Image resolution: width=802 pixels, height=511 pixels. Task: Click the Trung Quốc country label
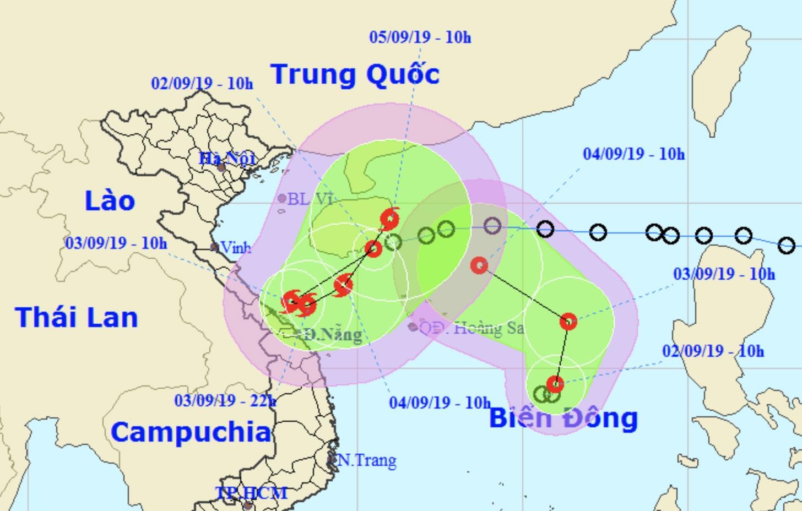click(355, 74)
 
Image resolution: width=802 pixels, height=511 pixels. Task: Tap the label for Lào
click(110, 201)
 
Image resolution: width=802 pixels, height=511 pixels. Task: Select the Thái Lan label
click(77, 318)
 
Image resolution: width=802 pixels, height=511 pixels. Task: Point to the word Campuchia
click(191, 432)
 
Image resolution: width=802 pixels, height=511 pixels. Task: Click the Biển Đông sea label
click(563, 418)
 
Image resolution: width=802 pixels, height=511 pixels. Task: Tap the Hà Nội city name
click(227, 159)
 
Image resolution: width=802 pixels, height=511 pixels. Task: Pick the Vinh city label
click(235, 247)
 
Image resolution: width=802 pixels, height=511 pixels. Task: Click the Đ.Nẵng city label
click(333, 334)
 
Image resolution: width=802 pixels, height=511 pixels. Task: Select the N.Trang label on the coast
click(367, 460)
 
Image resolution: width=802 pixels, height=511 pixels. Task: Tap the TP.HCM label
click(252, 492)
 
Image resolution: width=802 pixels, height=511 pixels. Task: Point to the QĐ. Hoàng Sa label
click(472, 328)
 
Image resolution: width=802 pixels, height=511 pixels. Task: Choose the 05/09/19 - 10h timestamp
click(420, 37)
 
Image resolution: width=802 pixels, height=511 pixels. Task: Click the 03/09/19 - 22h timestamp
click(225, 400)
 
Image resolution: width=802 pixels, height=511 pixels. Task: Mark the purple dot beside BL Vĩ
click(282, 198)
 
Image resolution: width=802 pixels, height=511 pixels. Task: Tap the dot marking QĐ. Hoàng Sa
click(413, 327)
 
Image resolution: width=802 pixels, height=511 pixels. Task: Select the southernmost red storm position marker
click(555, 384)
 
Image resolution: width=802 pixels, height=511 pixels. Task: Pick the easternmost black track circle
click(787, 245)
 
